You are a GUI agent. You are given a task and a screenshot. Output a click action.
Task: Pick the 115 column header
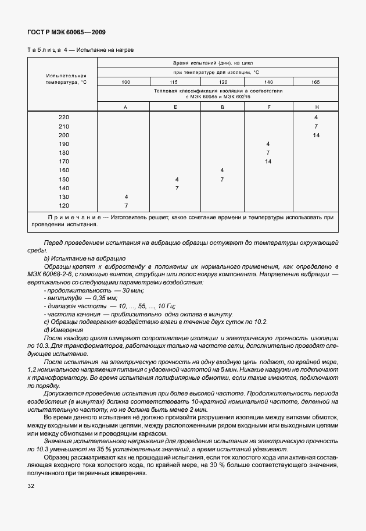click(175, 82)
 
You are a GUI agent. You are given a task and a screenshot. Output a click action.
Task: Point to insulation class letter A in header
click(125, 108)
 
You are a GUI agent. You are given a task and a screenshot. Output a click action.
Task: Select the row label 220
click(63, 117)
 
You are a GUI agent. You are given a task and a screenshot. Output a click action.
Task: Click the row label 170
click(63, 161)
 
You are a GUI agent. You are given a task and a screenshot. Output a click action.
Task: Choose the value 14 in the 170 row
click(268, 161)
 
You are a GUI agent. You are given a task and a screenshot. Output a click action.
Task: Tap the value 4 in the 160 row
click(222, 170)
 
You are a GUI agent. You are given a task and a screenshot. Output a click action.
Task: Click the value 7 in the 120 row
click(125, 205)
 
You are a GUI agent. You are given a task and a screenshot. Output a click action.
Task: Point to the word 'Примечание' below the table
click(69, 218)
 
